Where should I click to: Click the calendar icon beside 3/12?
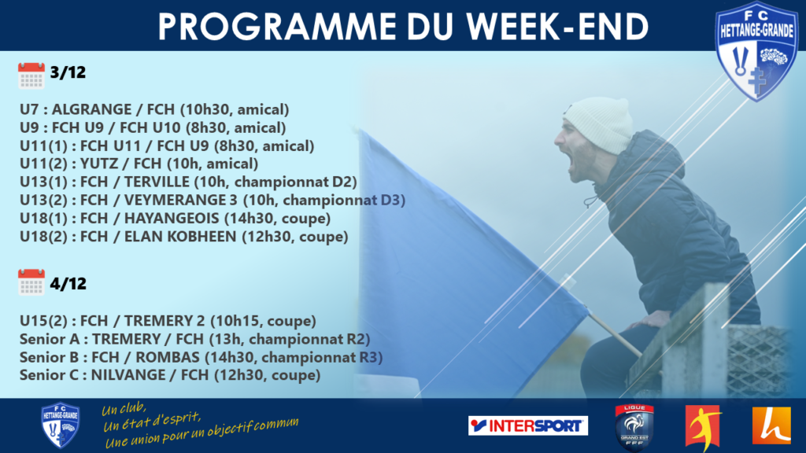(x=31, y=75)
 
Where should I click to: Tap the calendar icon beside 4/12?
(x=31, y=282)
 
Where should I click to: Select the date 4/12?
(x=68, y=283)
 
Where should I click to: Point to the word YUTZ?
(x=102, y=164)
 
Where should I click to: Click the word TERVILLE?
(x=157, y=182)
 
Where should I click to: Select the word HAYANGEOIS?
(x=172, y=219)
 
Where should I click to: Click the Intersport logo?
(x=528, y=425)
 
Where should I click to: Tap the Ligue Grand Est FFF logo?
(x=634, y=426)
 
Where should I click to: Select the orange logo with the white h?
(x=771, y=425)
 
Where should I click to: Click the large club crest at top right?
(x=756, y=50)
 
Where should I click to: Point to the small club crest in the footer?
(x=60, y=425)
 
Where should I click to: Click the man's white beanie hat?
(x=600, y=124)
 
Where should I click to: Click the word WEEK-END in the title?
(x=558, y=26)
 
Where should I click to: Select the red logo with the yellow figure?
(x=703, y=426)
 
